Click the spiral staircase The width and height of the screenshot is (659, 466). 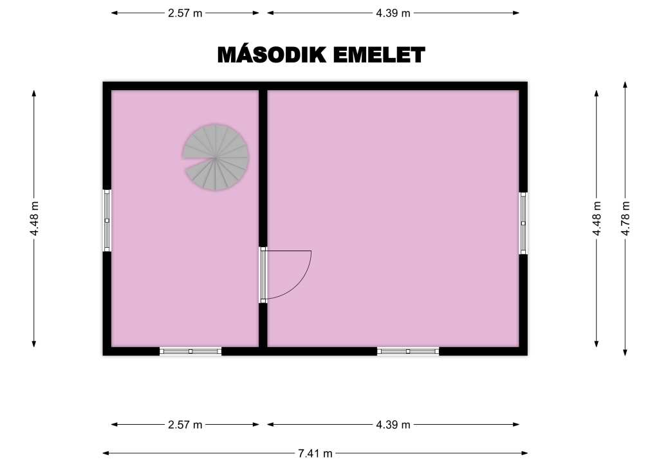216,157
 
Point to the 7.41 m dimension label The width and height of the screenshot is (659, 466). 315,453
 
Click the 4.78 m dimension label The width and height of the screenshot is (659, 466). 626,218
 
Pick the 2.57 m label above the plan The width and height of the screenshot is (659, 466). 185,13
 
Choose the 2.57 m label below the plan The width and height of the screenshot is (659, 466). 185,425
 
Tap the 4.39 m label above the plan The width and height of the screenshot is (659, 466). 393,13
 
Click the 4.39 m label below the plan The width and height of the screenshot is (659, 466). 393,425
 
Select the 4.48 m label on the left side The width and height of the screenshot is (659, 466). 34,218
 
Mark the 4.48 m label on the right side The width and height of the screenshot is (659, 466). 597,218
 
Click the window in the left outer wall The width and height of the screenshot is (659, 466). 107,221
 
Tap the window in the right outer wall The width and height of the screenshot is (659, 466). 523,223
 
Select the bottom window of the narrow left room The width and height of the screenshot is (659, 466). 190,351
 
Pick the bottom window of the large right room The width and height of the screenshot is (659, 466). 408,351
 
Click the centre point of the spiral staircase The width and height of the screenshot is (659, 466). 216,158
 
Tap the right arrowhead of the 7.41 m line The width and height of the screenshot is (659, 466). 524,453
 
